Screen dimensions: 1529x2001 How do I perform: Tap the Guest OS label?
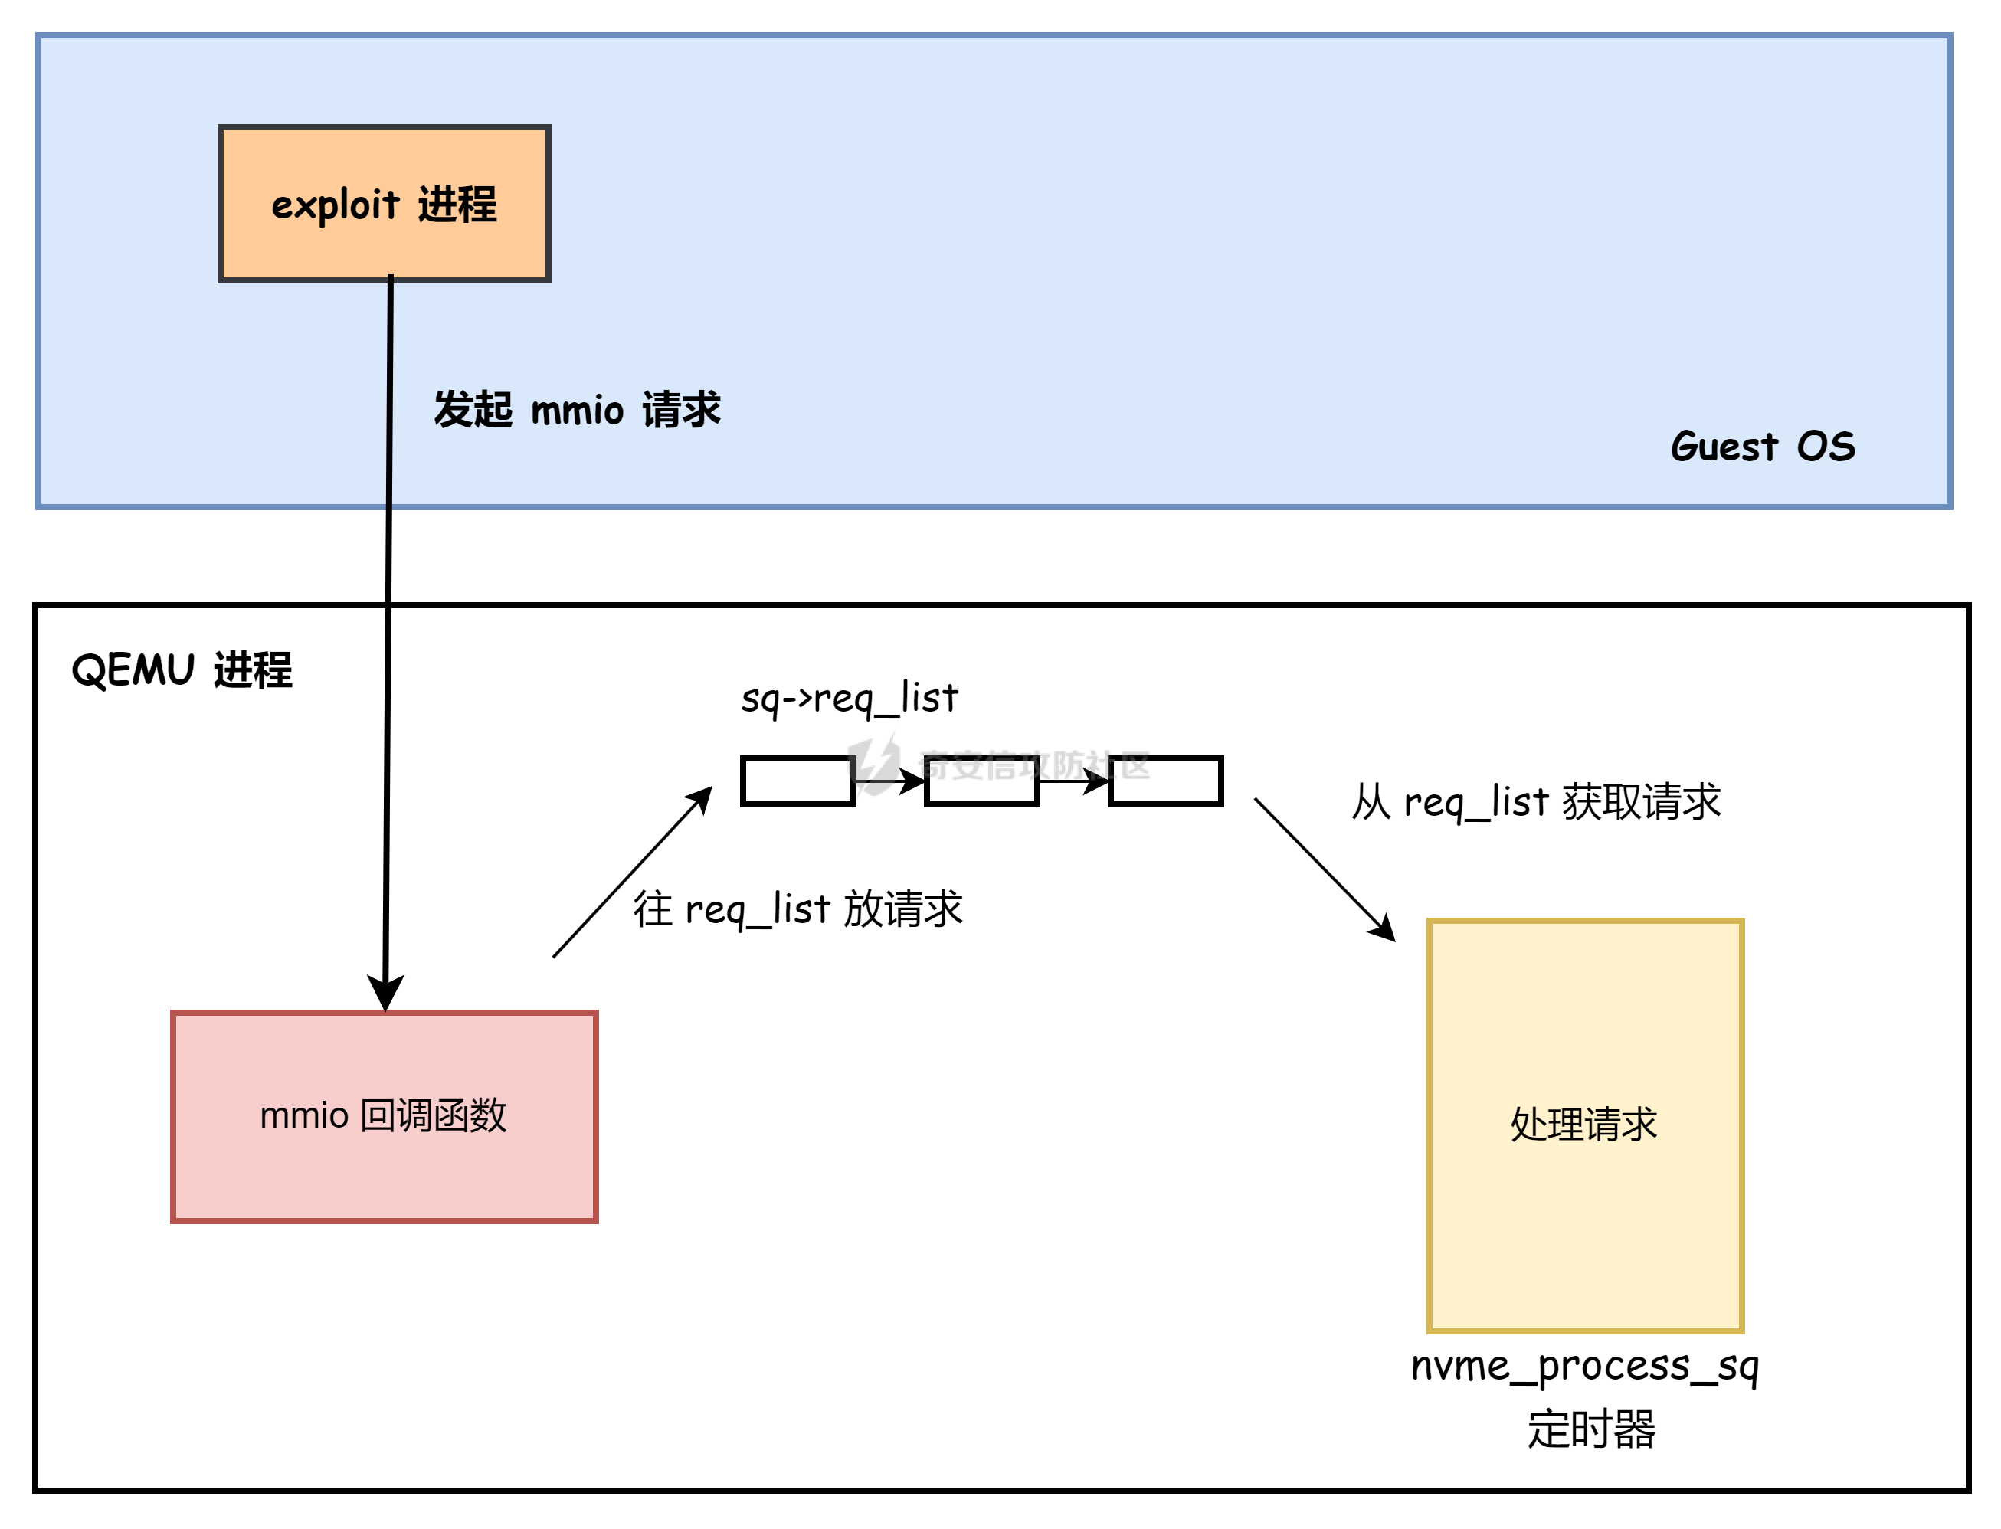[1762, 447]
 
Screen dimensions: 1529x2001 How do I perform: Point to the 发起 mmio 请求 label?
[577, 410]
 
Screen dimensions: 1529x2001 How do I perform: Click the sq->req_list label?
[849, 699]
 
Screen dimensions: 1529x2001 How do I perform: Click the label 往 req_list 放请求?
[798, 909]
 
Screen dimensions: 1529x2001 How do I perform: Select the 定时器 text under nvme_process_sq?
[1590, 1429]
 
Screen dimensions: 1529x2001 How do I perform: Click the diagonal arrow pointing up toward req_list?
[633, 872]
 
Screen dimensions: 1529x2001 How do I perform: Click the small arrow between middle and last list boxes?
[1074, 781]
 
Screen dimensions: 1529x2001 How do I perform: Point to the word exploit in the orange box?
[335, 205]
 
